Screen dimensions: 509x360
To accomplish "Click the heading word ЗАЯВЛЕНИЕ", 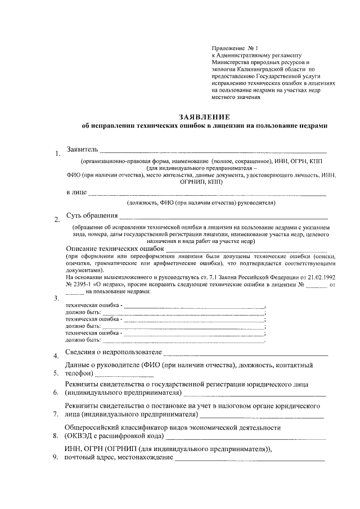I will tap(204, 118).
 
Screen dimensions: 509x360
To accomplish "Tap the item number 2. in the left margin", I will tap(56, 220).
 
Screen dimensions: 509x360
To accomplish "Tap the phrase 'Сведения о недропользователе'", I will tap(113, 352).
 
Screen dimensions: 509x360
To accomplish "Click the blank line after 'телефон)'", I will tap(112, 373).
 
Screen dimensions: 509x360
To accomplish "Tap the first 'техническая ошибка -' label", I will tap(93, 306).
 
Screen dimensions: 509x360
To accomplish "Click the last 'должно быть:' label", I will tap(83, 340).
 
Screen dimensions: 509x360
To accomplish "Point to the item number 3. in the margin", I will tap(56, 299).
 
